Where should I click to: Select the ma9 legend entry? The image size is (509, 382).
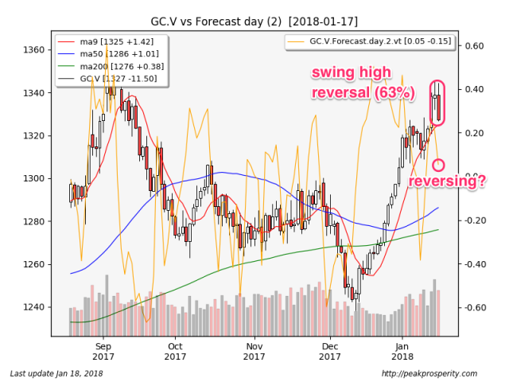click(106, 41)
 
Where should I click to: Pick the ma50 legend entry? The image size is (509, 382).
click(108, 54)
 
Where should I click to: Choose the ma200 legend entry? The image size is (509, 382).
click(111, 66)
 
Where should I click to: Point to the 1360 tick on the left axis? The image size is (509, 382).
click(33, 50)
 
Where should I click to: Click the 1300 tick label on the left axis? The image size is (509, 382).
click(33, 178)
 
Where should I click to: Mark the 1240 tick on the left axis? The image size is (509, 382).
click(33, 307)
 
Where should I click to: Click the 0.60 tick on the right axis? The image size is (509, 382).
click(475, 46)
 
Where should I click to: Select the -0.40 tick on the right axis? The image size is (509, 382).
click(473, 264)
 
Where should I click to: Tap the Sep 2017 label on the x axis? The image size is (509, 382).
click(103, 352)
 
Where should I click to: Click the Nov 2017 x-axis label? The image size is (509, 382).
click(254, 352)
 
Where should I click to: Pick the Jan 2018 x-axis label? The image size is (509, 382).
click(402, 352)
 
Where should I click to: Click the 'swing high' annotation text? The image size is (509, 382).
click(352, 72)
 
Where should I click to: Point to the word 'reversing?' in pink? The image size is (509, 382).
click(447, 181)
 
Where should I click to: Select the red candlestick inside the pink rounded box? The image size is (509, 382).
click(439, 108)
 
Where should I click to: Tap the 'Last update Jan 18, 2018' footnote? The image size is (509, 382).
click(56, 373)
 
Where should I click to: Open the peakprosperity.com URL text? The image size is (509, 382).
click(429, 373)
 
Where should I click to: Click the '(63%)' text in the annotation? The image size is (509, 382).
click(394, 93)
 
